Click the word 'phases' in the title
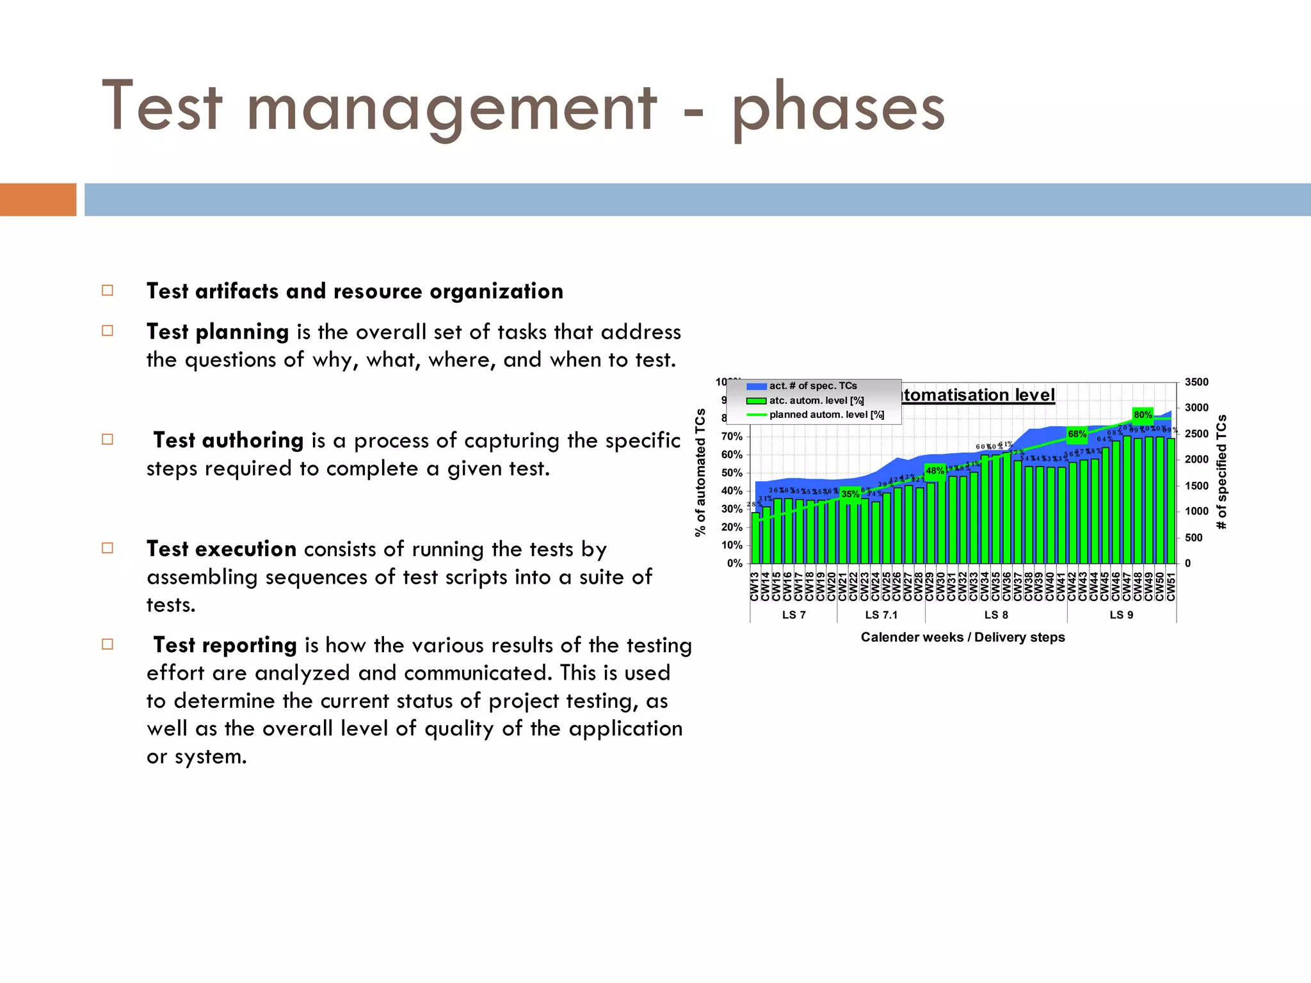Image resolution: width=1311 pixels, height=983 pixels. (838, 109)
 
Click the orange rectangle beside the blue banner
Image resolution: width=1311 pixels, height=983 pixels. (38, 200)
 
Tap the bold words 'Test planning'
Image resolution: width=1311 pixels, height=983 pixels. (218, 332)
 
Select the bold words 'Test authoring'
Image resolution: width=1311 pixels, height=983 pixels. (228, 440)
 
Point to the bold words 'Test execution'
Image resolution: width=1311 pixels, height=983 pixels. (221, 549)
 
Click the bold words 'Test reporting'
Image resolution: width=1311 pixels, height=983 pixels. (225, 645)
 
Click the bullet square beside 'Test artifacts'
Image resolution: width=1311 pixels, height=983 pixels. (108, 291)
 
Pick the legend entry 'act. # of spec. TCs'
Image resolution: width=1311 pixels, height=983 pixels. (812, 386)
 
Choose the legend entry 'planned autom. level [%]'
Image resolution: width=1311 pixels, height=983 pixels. (826, 415)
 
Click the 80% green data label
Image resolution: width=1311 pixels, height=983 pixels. (1143, 415)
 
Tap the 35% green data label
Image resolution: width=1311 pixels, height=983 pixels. (850, 494)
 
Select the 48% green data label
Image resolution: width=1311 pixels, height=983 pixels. (935, 471)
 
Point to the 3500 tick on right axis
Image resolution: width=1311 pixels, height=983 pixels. (1196, 382)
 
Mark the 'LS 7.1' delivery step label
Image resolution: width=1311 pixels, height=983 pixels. (881, 615)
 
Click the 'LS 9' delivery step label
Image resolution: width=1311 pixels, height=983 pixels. (1121, 615)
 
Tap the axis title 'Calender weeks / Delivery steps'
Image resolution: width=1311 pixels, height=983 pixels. (962, 637)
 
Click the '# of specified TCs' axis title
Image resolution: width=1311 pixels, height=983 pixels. (1221, 472)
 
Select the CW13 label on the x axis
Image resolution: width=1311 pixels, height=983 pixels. (755, 587)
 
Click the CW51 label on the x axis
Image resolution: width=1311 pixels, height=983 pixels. (1171, 587)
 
